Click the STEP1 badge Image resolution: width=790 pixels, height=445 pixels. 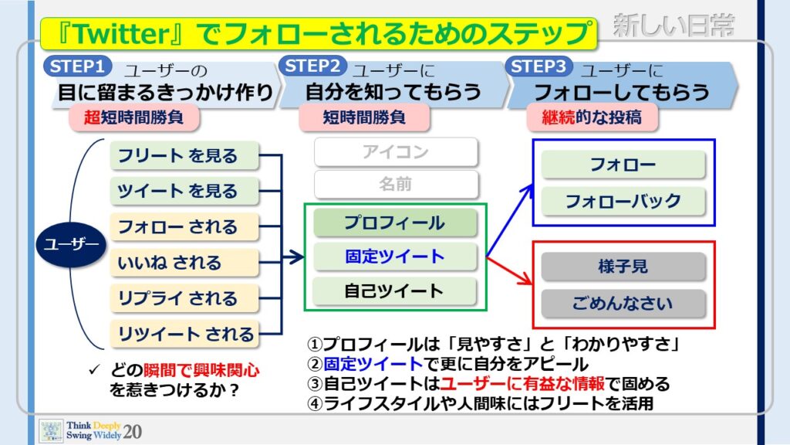[x=78, y=66]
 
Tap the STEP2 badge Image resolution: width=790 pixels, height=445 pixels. [x=313, y=66]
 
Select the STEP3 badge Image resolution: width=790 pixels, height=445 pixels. [x=538, y=66]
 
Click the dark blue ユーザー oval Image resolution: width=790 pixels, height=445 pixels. [x=71, y=245]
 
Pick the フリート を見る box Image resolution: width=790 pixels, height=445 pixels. [x=184, y=155]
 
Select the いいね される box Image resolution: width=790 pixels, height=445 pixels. [x=184, y=263]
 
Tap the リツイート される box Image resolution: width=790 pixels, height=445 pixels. [x=184, y=334]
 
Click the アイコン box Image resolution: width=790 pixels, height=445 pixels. [x=396, y=152]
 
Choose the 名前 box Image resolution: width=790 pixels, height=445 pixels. [x=396, y=184]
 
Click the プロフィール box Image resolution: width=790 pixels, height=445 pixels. [x=395, y=223]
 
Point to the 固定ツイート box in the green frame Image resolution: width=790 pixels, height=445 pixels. [x=395, y=256]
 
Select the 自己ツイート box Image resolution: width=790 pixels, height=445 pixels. [x=395, y=291]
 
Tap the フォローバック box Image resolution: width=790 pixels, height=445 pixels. [x=623, y=202]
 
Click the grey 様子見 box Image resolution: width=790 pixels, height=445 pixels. [x=623, y=267]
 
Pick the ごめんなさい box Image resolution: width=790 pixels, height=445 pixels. [x=623, y=303]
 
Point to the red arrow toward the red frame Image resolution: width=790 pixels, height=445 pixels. [x=510, y=271]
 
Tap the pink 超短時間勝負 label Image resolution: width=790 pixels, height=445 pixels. [x=134, y=117]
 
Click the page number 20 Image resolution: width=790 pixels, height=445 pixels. [x=132, y=432]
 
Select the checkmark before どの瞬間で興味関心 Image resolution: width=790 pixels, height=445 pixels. [x=94, y=370]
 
